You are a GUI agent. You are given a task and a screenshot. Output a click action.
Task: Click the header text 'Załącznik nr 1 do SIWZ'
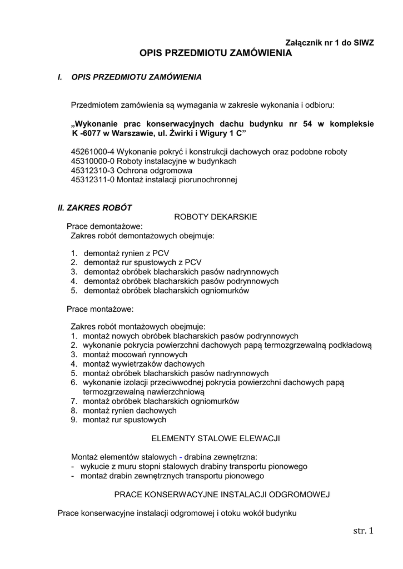point(330,43)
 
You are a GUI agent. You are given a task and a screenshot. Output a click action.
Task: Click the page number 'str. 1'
point(363,532)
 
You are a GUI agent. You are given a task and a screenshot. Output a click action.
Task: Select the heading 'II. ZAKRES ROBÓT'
point(94,208)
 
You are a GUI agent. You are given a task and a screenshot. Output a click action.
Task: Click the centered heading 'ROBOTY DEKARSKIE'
point(216,217)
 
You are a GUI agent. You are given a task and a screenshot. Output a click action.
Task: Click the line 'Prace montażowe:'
point(100,308)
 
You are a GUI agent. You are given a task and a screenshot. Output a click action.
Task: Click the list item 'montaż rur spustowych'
point(125,420)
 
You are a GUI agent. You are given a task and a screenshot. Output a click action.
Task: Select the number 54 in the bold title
point(307,124)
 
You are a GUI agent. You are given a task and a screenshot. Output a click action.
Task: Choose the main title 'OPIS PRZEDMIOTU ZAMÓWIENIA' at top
point(215,54)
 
